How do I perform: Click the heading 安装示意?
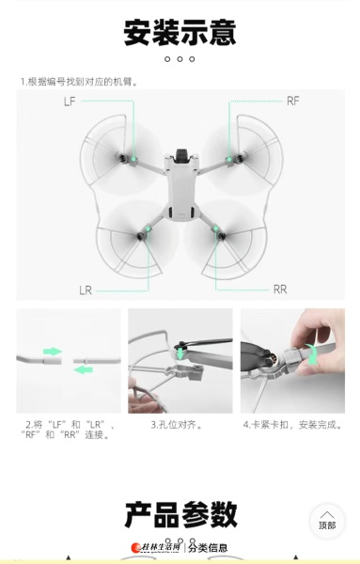click(180, 32)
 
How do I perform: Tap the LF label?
click(70, 102)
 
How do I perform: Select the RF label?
click(292, 102)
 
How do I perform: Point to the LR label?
click(86, 290)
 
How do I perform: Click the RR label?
click(280, 290)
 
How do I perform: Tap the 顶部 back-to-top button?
click(327, 521)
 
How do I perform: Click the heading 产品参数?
click(180, 515)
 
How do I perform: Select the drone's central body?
click(180, 186)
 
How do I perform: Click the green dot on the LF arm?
click(133, 159)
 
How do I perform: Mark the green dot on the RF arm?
click(229, 159)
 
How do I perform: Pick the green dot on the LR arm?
click(148, 228)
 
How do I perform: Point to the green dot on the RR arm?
click(215, 228)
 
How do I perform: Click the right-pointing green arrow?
click(53, 352)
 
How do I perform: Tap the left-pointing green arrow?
click(83, 369)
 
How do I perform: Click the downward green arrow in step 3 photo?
click(180, 353)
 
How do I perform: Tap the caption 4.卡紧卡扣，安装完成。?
click(292, 425)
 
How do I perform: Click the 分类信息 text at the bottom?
click(208, 548)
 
